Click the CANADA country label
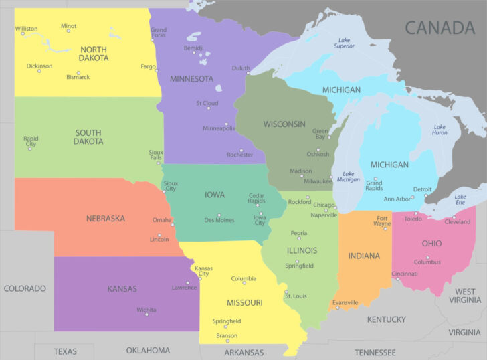click(x=439, y=27)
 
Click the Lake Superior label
click(x=344, y=43)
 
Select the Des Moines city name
click(x=219, y=220)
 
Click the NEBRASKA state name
click(x=105, y=218)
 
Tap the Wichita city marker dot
click(x=147, y=314)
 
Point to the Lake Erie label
click(x=460, y=200)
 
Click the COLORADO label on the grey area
click(x=25, y=288)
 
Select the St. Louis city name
click(x=296, y=296)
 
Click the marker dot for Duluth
click(x=248, y=73)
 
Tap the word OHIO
click(x=431, y=244)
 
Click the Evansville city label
click(x=345, y=302)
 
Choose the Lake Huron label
click(x=440, y=130)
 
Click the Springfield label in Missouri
click(x=227, y=321)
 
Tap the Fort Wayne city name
click(x=382, y=222)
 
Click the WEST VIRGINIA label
click(x=465, y=296)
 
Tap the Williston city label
click(x=26, y=29)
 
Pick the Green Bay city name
click(x=320, y=134)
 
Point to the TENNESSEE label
click(x=375, y=352)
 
